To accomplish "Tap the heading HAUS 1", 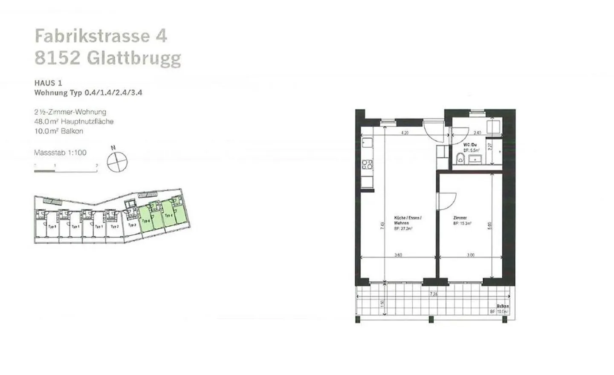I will pos(48,83).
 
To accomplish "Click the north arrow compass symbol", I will pos(117,162).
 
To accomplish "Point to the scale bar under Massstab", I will pos(66,170).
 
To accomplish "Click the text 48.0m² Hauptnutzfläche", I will pos(74,121).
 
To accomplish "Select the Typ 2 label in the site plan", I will pos(114,226).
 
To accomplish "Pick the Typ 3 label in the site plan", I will pos(132,225).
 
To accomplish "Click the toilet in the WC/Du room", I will pos(460,159).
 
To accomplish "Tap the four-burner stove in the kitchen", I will pos(367,164).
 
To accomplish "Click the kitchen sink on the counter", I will pos(367,142).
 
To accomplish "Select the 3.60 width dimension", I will pos(398,255).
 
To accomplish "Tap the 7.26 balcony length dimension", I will pos(433,294).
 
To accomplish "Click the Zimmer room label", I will pos(460,218).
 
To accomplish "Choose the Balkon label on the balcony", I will pos(502,306).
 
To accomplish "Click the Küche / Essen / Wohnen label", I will pos(407,220).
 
